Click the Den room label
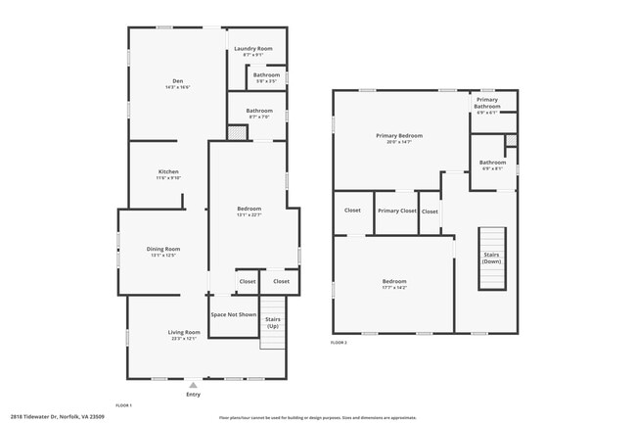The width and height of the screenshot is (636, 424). pos(178,80)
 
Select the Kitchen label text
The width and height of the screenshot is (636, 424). pos(168,171)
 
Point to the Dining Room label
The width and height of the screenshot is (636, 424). pos(162,249)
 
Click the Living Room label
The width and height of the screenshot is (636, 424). pos(185,332)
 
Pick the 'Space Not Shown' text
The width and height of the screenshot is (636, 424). pos(234,314)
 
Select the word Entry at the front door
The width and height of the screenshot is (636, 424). pos(194,395)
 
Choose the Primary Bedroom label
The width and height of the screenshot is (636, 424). pos(399,135)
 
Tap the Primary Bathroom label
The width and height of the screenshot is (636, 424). pos(487,103)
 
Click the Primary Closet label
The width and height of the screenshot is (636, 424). pos(396,211)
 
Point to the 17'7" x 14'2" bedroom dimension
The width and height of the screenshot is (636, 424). pos(393,288)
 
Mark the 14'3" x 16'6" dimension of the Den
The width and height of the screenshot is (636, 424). pos(178,87)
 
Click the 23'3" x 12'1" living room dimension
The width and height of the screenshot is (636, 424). pos(185,339)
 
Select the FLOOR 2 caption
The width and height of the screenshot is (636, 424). pos(339,343)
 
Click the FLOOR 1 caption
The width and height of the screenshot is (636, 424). pos(124,404)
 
